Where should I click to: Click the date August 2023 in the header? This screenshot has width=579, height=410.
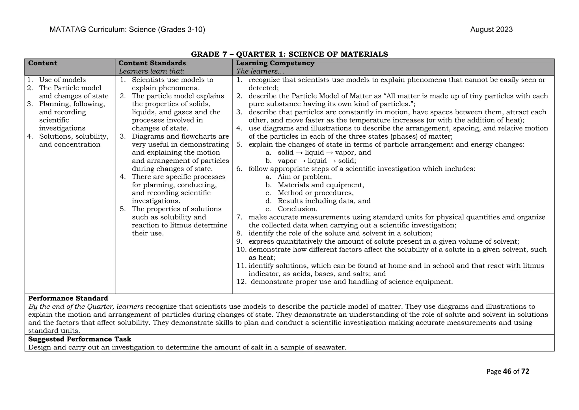(x=491, y=30)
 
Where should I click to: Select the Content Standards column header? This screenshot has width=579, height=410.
(x=152, y=63)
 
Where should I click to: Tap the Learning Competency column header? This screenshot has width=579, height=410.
(x=275, y=63)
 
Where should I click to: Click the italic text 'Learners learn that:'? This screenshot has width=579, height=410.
(x=151, y=71)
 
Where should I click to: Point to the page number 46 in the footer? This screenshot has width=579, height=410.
(x=507, y=372)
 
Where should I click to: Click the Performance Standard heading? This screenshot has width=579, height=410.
(x=68, y=298)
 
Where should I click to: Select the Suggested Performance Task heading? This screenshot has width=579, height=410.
(x=80, y=339)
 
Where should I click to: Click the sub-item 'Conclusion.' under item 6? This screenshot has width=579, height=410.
(x=297, y=209)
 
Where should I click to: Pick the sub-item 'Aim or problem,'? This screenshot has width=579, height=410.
(x=304, y=177)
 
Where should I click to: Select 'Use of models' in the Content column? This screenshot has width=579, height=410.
(x=62, y=80)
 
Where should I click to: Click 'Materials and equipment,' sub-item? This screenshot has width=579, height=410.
(x=321, y=185)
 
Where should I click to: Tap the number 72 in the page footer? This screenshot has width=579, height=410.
(x=525, y=372)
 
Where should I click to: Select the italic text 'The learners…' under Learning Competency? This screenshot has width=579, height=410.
(x=260, y=71)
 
